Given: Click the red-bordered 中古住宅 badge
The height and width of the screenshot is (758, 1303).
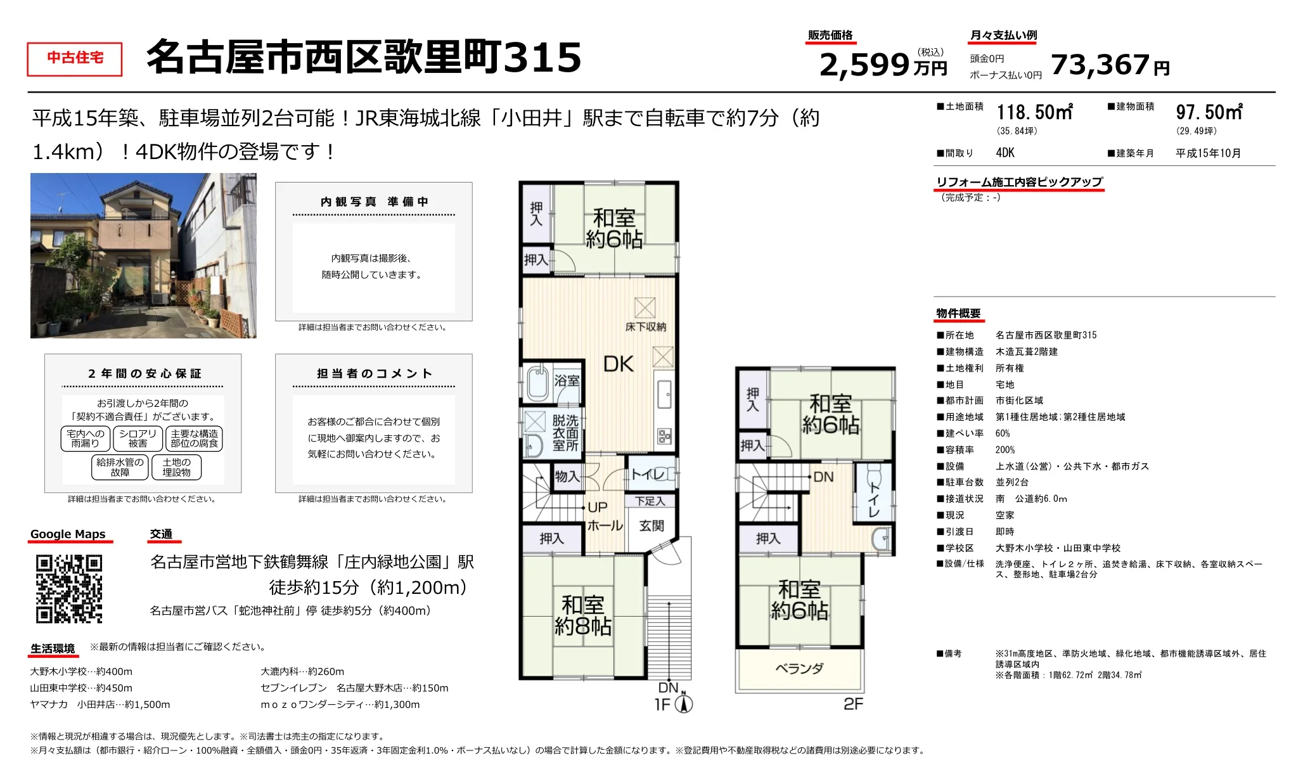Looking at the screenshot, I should click(x=75, y=59).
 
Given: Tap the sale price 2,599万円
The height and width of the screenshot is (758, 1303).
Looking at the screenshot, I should click(x=882, y=65).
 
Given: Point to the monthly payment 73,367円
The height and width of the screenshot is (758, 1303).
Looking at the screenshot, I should click(x=1109, y=65).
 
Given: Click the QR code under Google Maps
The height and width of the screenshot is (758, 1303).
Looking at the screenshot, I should click(x=68, y=589).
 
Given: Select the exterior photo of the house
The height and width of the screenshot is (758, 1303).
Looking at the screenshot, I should click(x=143, y=255).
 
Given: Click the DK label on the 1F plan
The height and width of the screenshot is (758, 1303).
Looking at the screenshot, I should click(x=618, y=364).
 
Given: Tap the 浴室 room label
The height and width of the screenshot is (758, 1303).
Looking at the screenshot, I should click(x=567, y=381).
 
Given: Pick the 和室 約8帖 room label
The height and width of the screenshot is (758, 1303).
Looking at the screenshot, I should click(x=582, y=615).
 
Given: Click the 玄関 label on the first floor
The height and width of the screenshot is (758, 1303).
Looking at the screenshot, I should click(x=651, y=525).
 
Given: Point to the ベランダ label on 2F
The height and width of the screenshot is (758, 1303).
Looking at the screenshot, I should click(x=799, y=668).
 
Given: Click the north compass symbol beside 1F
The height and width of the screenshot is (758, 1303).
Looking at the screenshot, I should click(x=684, y=703).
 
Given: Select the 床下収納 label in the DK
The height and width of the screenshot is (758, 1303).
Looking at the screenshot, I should click(x=645, y=327).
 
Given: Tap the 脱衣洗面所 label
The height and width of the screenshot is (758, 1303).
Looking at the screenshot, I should click(x=565, y=433).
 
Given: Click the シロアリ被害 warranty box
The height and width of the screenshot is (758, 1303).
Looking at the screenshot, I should click(x=138, y=439).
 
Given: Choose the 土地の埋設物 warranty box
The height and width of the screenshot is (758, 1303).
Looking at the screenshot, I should click(x=176, y=467).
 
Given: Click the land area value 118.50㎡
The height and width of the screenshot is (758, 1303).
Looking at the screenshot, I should click(x=1034, y=113).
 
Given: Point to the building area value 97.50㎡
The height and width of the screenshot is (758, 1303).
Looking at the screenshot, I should click(x=1209, y=113).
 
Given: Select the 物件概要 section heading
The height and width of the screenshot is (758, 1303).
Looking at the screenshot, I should click(x=958, y=313).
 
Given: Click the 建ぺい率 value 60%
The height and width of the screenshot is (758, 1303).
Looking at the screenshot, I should click(x=1003, y=434).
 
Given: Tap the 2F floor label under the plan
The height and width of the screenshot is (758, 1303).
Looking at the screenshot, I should click(x=853, y=703).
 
